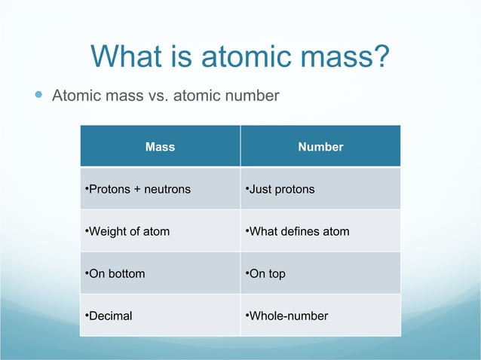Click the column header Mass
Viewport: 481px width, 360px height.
click(x=160, y=147)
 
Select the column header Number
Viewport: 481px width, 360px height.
click(x=320, y=147)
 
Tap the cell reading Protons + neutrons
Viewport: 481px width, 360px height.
click(x=139, y=189)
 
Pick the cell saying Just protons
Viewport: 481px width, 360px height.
click(x=281, y=189)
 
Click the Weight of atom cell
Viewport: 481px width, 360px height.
click(x=128, y=231)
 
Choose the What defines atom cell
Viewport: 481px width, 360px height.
click(x=299, y=231)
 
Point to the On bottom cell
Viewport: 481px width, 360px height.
click(x=116, y=273)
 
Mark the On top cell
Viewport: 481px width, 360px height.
click(x=266, y=273)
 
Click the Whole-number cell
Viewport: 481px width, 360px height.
click(x=287, y=316)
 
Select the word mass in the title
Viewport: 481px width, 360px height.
click(x=333, y=56)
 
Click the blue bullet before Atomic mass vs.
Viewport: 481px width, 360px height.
click(x=38, y=96)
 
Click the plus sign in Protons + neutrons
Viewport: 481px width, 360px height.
click(x=137, y=189)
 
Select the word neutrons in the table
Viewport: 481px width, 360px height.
click(x=167, y=189)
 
